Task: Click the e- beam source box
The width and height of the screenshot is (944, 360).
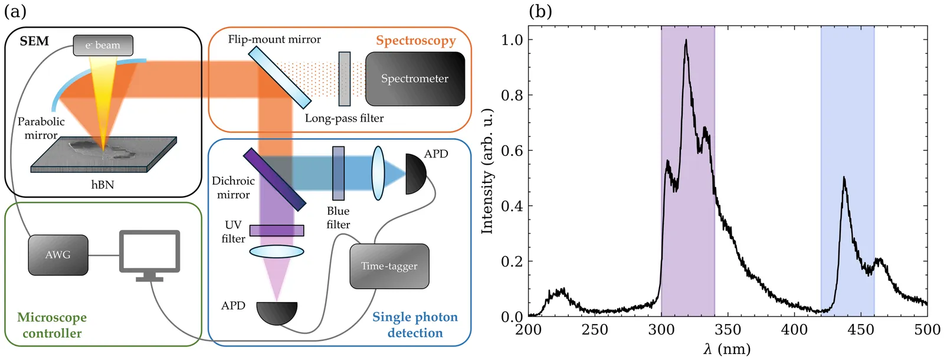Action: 103,45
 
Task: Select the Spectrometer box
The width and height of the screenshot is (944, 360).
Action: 415,79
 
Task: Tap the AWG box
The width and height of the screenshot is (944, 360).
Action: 58,255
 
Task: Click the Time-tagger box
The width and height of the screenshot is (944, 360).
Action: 389,266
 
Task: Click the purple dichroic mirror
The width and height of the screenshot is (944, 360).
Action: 274,179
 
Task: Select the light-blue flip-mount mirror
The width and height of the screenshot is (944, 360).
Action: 279,77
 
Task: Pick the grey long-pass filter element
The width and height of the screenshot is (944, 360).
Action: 345,79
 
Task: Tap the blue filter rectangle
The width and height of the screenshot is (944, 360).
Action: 338,174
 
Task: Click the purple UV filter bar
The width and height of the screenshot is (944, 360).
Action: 276,230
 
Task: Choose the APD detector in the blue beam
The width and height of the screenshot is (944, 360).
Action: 415,174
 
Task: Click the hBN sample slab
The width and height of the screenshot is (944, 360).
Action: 103,155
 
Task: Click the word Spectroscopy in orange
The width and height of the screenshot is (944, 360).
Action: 416,41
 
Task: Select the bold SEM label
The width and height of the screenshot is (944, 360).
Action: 34,41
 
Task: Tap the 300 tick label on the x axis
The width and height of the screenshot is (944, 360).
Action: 661,329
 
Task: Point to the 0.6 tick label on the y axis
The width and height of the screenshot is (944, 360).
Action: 512,150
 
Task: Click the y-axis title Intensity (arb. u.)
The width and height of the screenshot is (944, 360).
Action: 487,171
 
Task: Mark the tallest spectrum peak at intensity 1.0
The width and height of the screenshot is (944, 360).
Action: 686,41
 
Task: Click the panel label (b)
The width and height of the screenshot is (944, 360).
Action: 540,11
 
